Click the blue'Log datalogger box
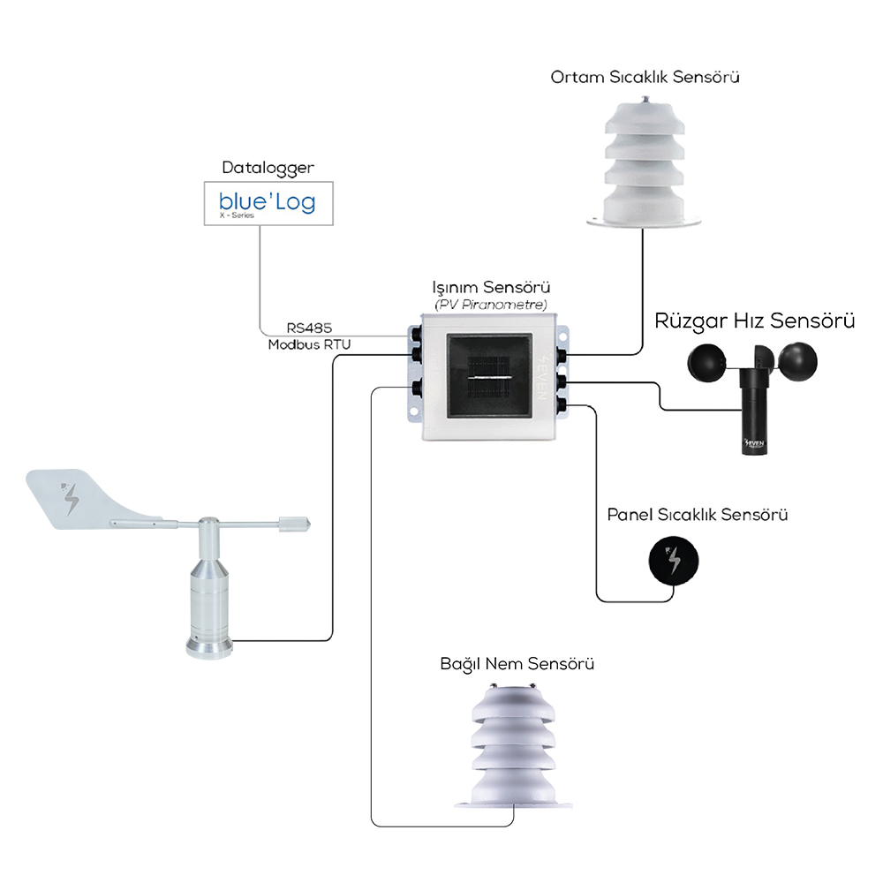coord(268,203)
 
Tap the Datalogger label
coord(268,169)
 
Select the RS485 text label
coord(309,328)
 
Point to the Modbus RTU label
coord(309,344)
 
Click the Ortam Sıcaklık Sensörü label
coord(645,77)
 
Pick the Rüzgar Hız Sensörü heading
coord(755,321)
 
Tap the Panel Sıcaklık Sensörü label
coord(698,515)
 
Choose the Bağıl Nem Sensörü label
coord(517,664)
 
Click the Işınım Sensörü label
coord(491,287)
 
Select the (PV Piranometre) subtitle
coord(491,305)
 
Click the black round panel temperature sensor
coord(674,561)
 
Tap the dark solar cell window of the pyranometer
coord(489,375)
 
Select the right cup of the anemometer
coord(796,361)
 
